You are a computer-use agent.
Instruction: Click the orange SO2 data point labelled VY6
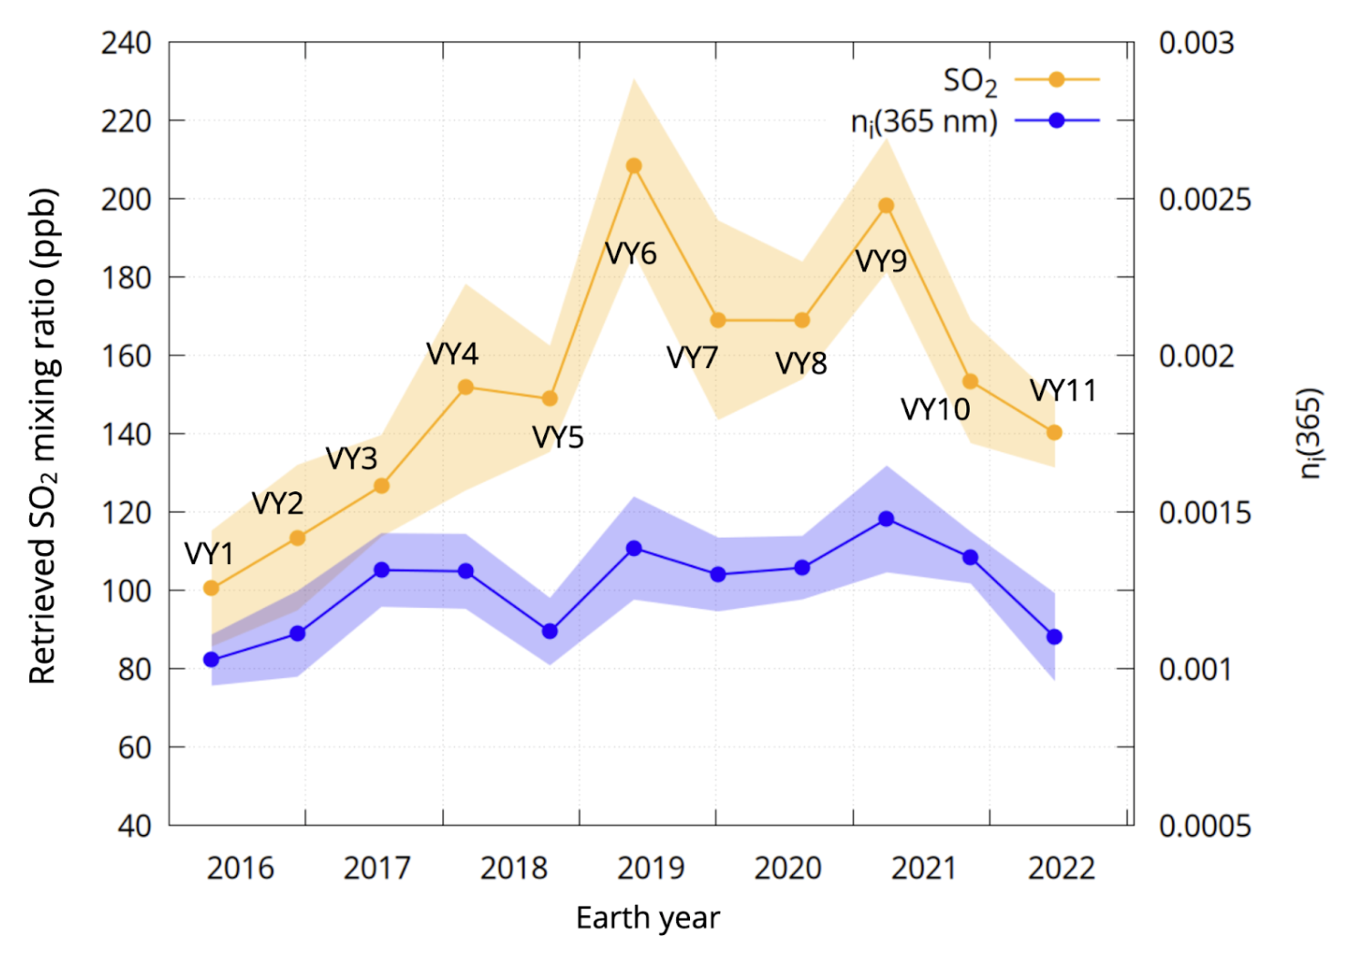pos(633,166)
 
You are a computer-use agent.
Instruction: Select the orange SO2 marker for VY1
pos(211,588)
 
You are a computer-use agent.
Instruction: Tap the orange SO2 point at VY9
pos(886,206)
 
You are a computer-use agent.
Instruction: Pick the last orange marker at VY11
pos(1055,433)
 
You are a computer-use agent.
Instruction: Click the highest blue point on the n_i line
pos(886,519)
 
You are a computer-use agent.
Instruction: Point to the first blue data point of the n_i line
pos(211,660)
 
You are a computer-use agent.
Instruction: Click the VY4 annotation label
pos(452,354)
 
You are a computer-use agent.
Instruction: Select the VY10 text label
pos(935,409)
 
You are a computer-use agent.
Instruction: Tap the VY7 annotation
pos(692,358)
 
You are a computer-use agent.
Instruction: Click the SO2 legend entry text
pos(970,82)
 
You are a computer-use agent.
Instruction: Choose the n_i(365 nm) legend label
pos(923,121)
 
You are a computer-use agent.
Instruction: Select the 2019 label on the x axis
pos(651,869)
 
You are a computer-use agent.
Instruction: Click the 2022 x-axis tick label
pos(1061,869)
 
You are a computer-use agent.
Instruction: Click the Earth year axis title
pos(647,918)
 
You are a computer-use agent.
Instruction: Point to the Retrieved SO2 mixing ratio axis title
pos(43,436)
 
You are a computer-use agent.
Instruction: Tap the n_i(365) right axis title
pos(1310,433)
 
